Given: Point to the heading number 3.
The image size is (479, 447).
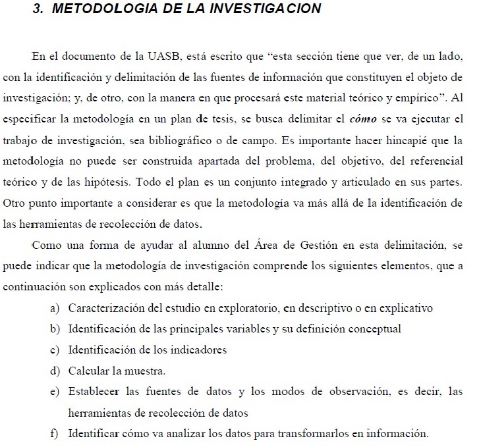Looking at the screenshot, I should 37,9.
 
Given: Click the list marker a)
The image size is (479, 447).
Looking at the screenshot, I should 55,308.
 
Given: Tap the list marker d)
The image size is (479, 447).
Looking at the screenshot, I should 55,371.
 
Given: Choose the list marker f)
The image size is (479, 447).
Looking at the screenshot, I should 55,434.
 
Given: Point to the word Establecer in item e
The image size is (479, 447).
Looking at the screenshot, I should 93,392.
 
